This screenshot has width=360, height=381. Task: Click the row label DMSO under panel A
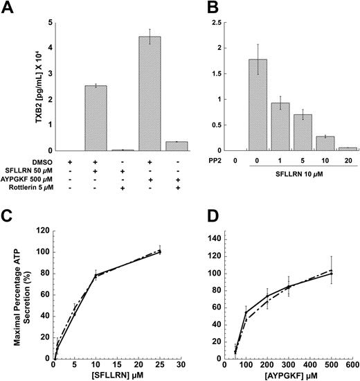click(x=42, y=161)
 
